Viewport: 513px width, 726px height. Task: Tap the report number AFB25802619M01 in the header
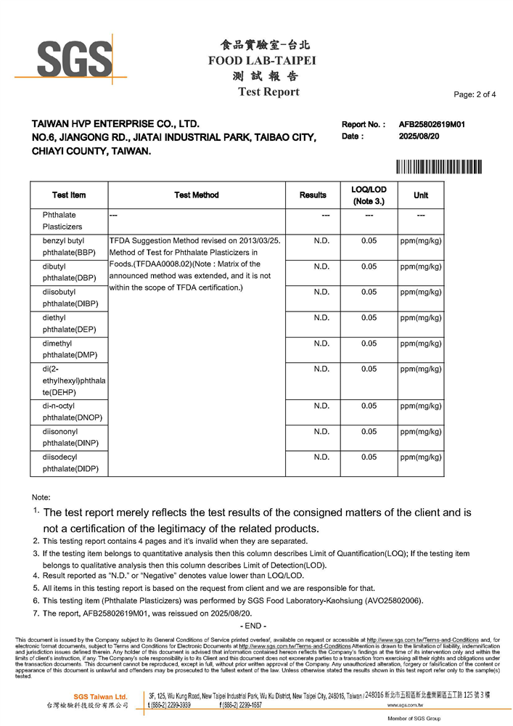click(432, 124)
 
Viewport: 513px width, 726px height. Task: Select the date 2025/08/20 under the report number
click(419, 136)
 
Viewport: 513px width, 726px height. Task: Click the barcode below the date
click(440, 166)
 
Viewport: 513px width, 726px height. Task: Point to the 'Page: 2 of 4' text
click(475, 94)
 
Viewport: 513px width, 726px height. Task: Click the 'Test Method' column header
click(196, 195)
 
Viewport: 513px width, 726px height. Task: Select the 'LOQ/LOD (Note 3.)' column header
click(369, 195)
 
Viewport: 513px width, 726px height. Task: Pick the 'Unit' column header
click(421, 195)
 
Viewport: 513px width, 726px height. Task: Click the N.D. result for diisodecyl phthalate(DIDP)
click(321, 457)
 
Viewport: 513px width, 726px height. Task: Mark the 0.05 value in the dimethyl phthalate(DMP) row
click(369, 343)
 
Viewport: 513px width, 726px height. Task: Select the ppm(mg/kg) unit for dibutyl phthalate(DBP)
click(421, 266)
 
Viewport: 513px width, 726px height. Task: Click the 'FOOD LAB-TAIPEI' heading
click(262, 60)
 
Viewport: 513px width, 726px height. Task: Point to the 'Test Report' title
click(268, 92)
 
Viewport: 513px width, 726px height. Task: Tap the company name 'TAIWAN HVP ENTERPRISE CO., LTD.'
click(115, 124)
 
